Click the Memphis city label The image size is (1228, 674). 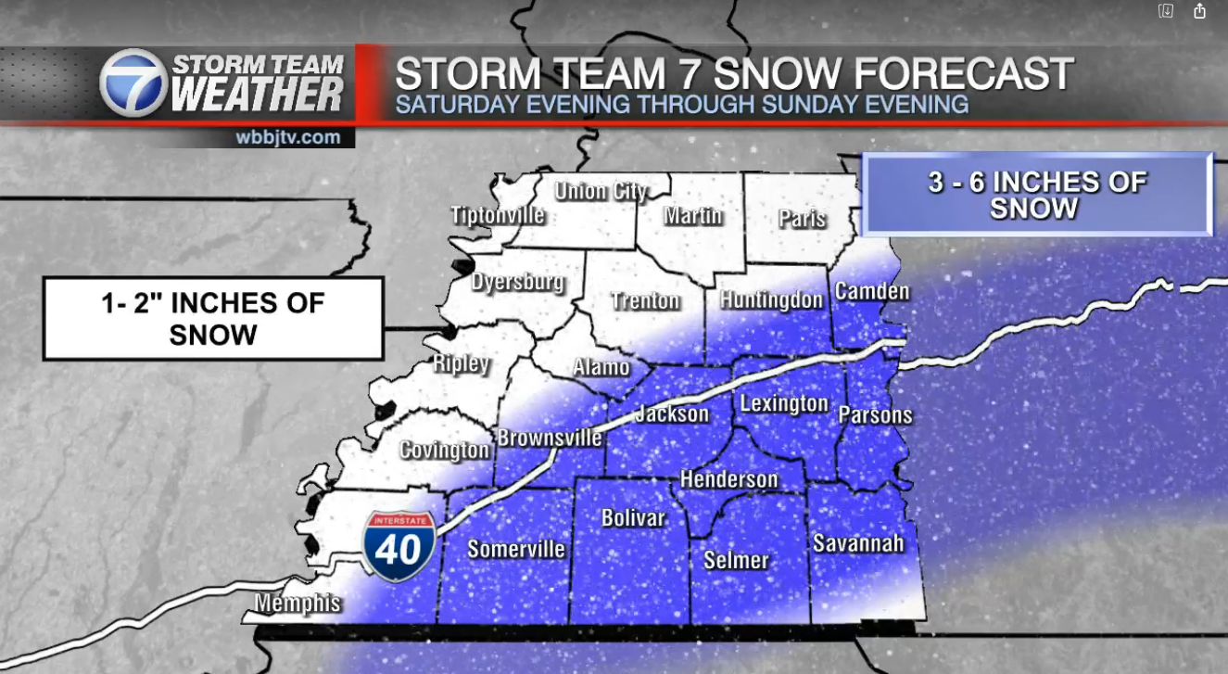click(x=298, y=604)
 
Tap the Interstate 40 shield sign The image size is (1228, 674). click(x=399, y=546)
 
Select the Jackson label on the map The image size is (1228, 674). click(x=672, y=413)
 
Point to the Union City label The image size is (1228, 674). click(x=601, y=192)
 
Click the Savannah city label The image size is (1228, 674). click(x=858, y=542)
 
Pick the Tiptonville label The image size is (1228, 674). click(x=498, y=215)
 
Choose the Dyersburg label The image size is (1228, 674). click(x=518, y=283)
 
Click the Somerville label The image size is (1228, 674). click(x=516, y=549)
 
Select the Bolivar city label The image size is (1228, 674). click(x=634, y=517)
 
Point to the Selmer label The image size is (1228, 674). click(x=736, y=560)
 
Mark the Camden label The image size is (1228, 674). click(x=872, y=291)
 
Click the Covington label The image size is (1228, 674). click(x=445, y=451)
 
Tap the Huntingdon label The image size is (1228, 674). click(x=772, y=299)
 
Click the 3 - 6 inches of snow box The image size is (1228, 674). click(x=1037, y=195)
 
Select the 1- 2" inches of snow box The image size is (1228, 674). click(x=213, y=319)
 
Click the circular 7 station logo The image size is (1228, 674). click(x=133, y=83)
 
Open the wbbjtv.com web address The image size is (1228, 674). click(x=287, y=137)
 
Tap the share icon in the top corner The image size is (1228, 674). click(x=1200, y=11)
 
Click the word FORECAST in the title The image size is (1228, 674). click(x=944, y=73)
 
